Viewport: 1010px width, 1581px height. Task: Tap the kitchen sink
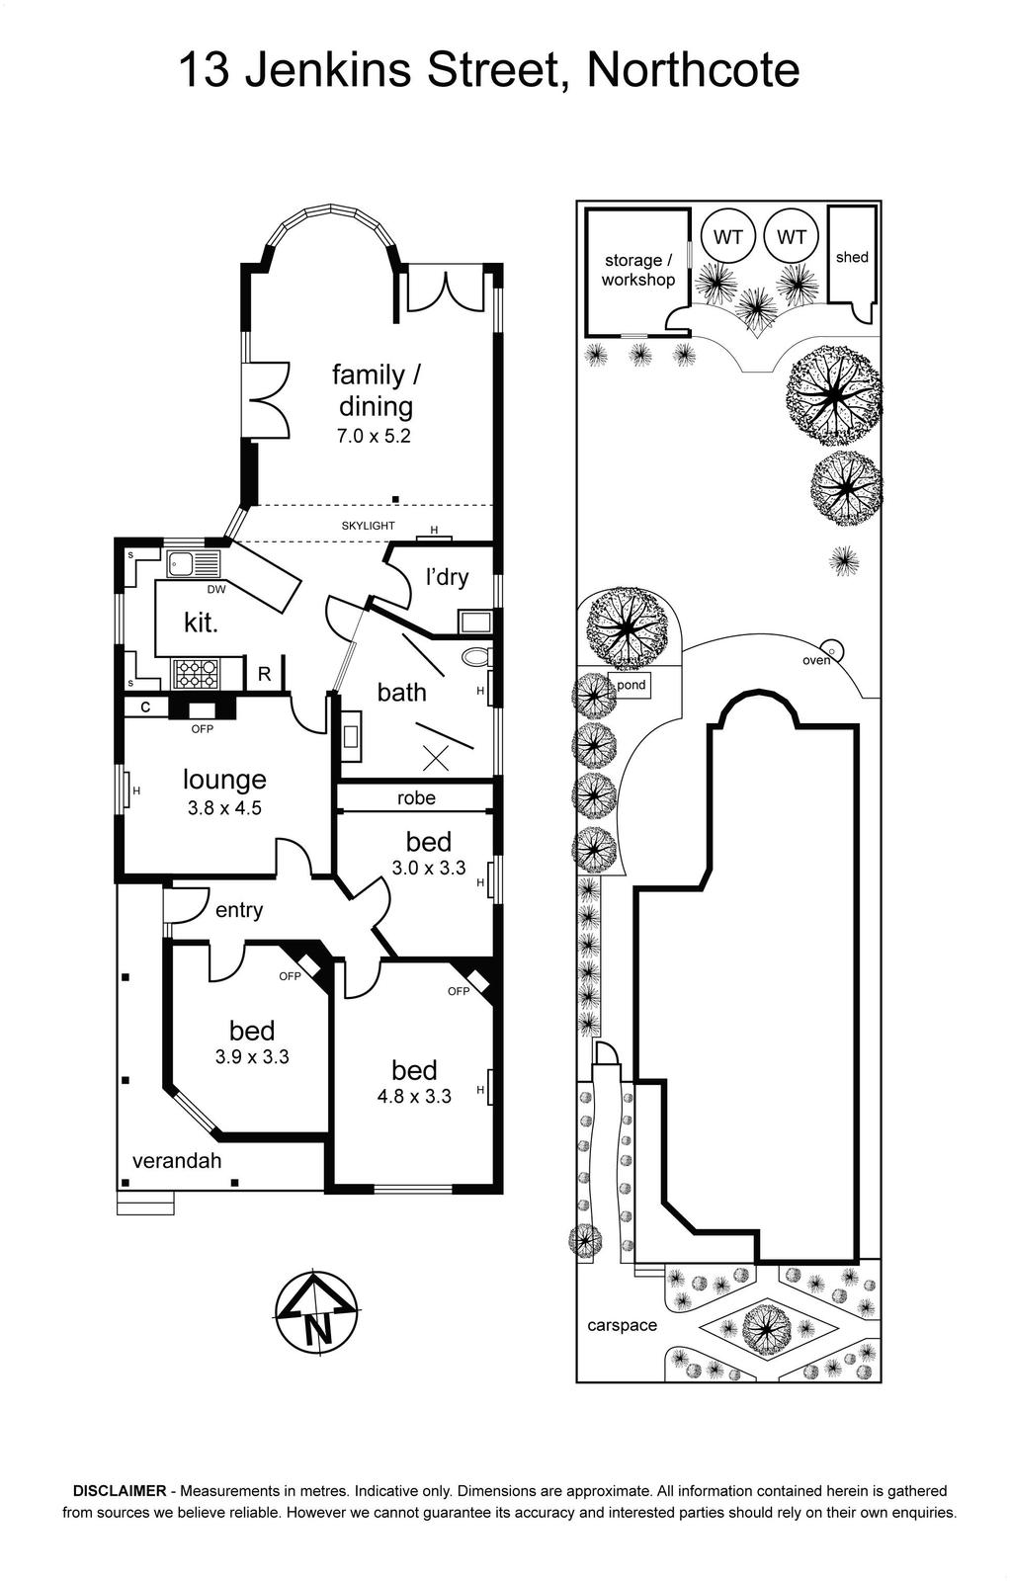tap(194, 563)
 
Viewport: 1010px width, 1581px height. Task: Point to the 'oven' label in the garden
tap(816, 661)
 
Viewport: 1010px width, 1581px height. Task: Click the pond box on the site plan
tap(631, 686)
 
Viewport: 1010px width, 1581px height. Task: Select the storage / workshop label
tap(638, 271)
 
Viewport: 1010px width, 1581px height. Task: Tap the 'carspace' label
tap(622, 1325)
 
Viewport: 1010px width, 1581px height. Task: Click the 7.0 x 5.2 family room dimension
tap(374, 436)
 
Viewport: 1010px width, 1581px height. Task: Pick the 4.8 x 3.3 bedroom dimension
tap(414, 1096)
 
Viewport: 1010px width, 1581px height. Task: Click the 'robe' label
tap(416, 797)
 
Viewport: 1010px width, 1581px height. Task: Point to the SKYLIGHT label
tap(368, 526)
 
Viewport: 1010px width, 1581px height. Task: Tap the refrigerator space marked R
tap(264, 674)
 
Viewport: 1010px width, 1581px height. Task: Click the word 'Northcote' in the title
tap(693, 70)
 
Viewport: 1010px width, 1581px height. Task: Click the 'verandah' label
tap(177, 1161)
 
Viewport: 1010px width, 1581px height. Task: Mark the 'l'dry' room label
tap(447, 577)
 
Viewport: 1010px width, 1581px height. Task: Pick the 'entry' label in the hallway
tap(238, 911)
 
